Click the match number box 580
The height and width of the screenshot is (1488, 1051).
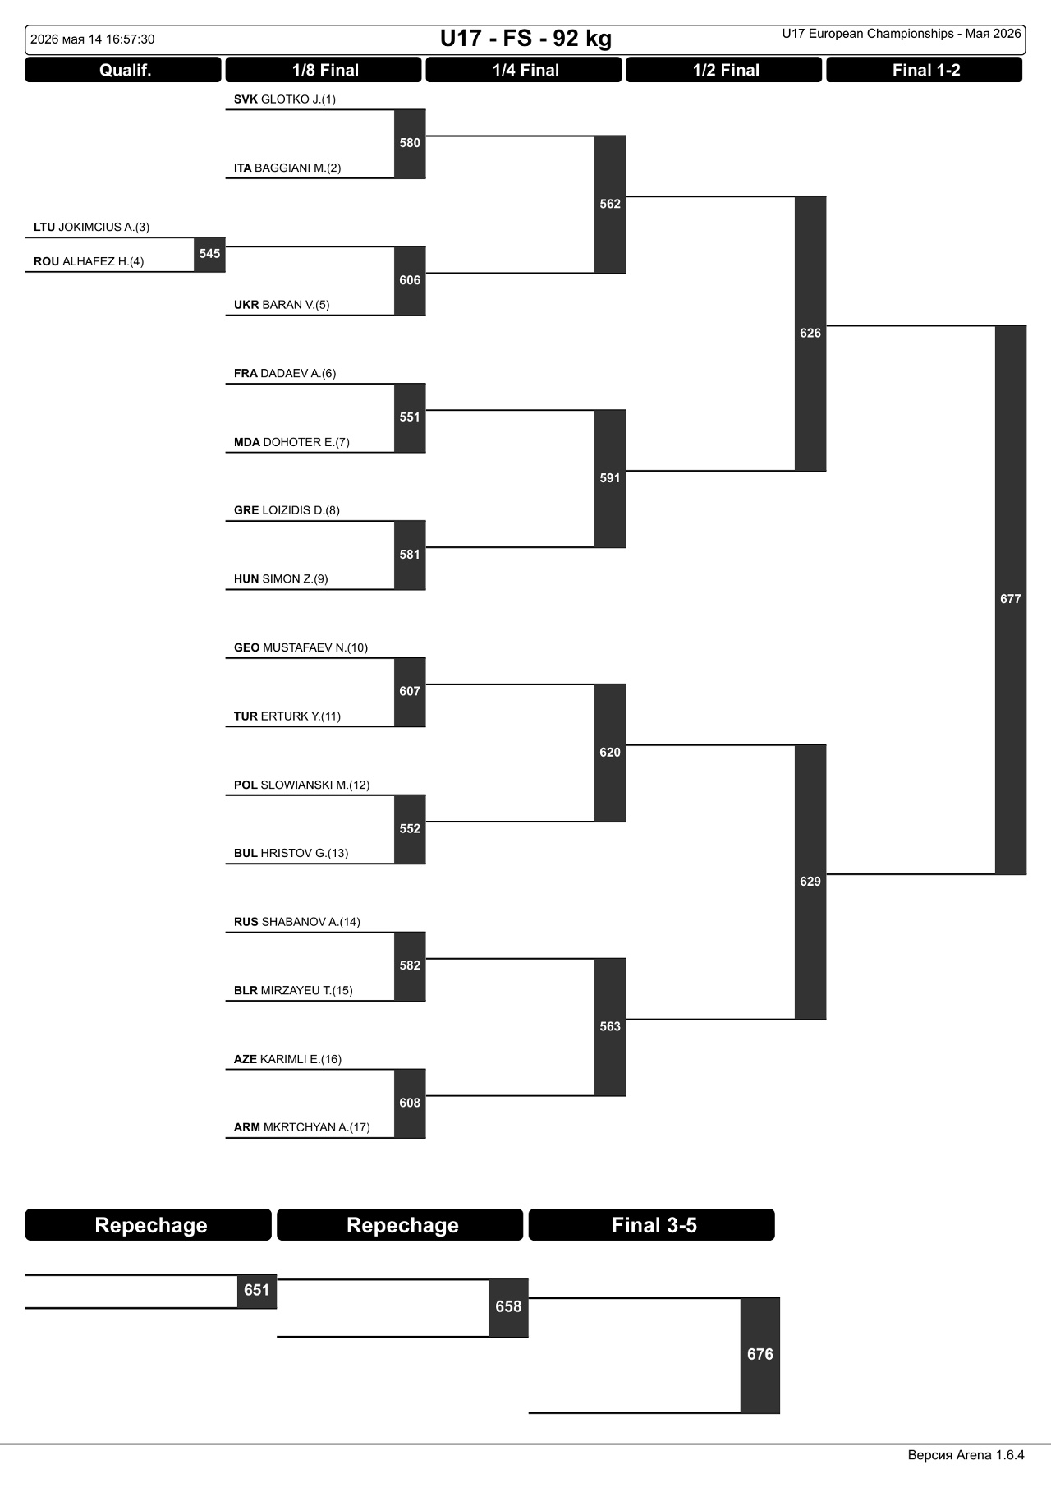click(x=410, y=144)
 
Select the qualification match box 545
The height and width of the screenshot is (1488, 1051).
click(x=209, y=254)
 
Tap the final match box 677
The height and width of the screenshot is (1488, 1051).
click(x=1011, y=600)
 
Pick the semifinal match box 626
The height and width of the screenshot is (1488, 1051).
click(x=810, y=334)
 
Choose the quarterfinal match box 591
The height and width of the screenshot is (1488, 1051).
click(x=610, y=478)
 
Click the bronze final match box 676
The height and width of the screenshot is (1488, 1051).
click(x=760, y=1355)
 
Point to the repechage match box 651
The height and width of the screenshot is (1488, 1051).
click(x=257, y=1291)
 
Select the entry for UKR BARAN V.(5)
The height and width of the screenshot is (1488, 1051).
click(x=282, y=305)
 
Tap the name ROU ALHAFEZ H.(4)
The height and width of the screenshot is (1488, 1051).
click(x=89, y=262)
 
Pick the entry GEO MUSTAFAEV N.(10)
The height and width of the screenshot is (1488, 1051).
click(x=301, y=648)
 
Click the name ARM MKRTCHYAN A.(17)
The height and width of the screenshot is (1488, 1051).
click(x=302, y=1128)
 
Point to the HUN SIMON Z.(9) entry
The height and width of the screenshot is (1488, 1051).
click(x=281, y=579)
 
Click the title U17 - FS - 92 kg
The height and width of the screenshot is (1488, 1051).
click(x=525, y=39)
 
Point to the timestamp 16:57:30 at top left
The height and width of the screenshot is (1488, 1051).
click(x=130, y=39)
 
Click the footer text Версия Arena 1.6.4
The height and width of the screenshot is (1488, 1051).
click(x=966, y=1455)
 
